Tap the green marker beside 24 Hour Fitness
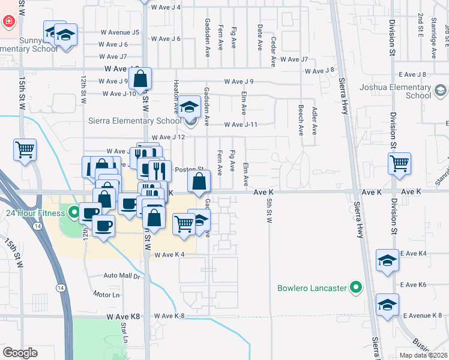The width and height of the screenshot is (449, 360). click(x=74, y=212)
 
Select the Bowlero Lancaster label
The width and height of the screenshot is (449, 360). click(x=313, y=288)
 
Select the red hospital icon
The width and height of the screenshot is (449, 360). click(x=10, y=22)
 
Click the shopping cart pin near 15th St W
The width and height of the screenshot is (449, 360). click(x=25, y=149)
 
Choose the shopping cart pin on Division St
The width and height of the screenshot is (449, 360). click(x=399, y=163)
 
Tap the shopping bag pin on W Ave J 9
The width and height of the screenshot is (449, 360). click(x=140, y=79)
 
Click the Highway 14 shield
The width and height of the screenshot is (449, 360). click(x=37, y=226)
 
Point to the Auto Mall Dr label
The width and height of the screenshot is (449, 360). click(x=121, y=276)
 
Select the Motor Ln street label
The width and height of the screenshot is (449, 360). click(x=106, y=295)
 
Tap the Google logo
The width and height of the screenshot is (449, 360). click(x=20, y=353)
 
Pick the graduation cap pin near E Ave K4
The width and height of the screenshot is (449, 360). click(x=387, y=260)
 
